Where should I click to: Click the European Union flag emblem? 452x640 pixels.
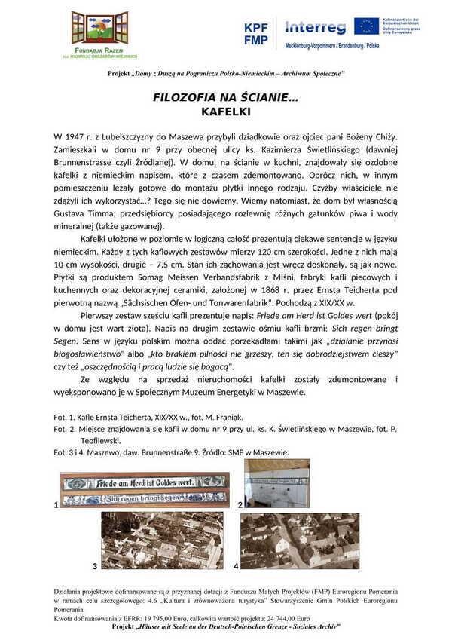[367, 26]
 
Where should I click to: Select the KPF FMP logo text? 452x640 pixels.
[255, 33]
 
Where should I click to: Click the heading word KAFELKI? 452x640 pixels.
[226, 112]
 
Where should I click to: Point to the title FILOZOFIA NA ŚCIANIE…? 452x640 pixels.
[226, 99]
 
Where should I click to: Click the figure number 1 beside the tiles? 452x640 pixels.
[56, 505]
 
